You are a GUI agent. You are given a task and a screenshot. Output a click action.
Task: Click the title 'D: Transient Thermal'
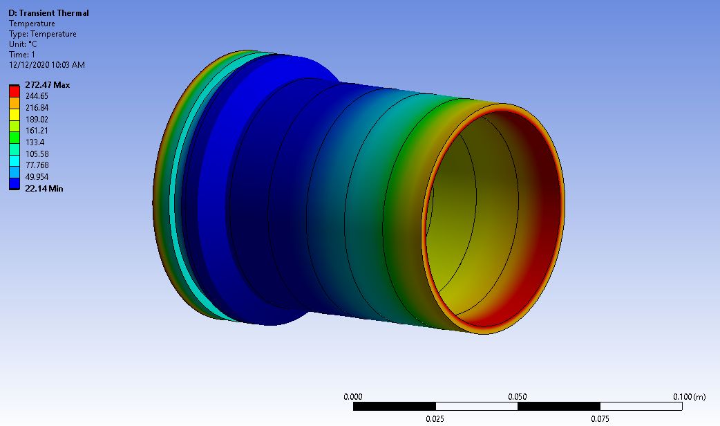(x=48, y=13)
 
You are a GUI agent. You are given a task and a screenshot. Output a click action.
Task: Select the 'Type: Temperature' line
(x=42, y=34)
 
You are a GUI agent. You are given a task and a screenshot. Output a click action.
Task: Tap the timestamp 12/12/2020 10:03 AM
(x=46, y=65)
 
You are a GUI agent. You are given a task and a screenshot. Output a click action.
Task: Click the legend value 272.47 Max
(x=47, y=85)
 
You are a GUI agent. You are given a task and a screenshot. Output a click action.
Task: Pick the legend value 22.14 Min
(x=44, y=188)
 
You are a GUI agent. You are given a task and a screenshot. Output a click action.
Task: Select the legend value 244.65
(x=36, y=96)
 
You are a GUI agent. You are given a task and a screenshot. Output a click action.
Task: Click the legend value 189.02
(x=36, y=119)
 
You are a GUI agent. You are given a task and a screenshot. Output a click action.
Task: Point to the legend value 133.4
(x=34, y=142)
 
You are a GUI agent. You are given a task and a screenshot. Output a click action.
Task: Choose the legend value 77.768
(x=36, y=165)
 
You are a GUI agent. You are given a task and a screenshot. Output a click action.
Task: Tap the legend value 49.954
(x=36, y=176)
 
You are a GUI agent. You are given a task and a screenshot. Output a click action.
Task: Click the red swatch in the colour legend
(x=14, y=91)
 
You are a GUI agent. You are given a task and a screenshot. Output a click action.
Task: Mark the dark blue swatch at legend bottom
(x=14, y=183)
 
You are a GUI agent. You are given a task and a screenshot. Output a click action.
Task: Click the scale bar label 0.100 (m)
(x=690, y=396)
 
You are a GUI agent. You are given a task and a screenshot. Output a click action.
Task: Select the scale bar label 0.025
(x=435, y=419)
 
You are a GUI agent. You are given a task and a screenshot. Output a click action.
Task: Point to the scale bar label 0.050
(x=518, y=396)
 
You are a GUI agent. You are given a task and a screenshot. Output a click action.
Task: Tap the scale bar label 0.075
(x=600, y=419)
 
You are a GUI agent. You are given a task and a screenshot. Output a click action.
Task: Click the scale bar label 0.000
(x=353, y=396)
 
